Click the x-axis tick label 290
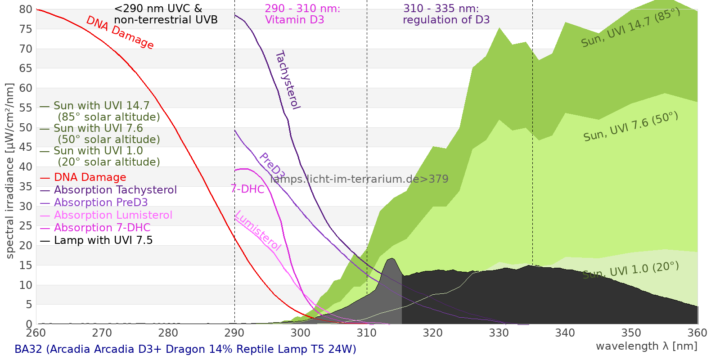234,333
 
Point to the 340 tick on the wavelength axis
565,333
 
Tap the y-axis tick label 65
26,68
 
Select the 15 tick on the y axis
26,265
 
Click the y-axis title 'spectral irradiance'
10,171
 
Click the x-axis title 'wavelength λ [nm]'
646,346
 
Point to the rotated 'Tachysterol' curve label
288,80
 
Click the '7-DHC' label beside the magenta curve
247,189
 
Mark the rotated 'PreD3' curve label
272,166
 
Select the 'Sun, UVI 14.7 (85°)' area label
630,28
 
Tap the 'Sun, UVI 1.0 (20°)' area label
630,270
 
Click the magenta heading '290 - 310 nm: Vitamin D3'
302,14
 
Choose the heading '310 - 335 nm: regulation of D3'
446,14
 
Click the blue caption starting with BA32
185,349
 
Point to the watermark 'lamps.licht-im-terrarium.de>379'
359,179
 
